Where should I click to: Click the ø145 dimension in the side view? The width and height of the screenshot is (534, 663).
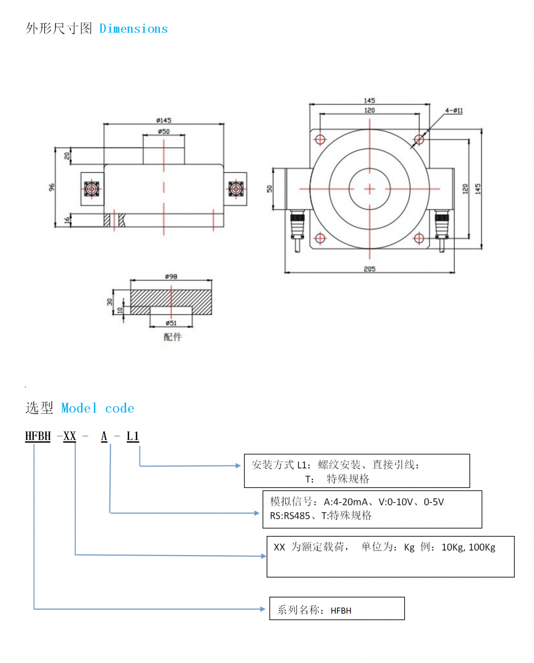(163, 120)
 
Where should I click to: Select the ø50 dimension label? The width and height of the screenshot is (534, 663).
(163, 131)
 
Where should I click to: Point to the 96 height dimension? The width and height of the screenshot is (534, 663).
(52, 187)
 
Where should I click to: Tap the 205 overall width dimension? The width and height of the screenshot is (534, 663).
(370, 269)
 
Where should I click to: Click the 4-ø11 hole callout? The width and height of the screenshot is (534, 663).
(454, 111)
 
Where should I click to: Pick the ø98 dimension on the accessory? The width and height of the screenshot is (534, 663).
(171, 277)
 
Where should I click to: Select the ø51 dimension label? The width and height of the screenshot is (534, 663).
(171, 323)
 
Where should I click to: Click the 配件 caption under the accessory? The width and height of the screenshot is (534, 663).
(172, 337)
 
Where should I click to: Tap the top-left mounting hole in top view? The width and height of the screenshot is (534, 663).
(320, 140)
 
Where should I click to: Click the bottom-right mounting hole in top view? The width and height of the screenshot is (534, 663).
(419, 238)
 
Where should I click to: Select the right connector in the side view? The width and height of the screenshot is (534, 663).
(235, 188)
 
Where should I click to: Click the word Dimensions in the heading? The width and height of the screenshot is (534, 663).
(133, 29)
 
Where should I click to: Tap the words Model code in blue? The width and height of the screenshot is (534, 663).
(98, 408)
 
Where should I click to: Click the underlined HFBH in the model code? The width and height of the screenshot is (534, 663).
(38, 436)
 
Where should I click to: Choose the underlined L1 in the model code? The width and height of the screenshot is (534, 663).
(132, 436)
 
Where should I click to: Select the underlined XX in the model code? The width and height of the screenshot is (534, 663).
(69, 436)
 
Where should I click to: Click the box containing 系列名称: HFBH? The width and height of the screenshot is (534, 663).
(336, 609)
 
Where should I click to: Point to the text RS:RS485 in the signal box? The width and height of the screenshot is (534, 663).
(290, 516)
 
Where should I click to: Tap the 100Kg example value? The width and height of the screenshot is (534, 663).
(482, 547)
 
